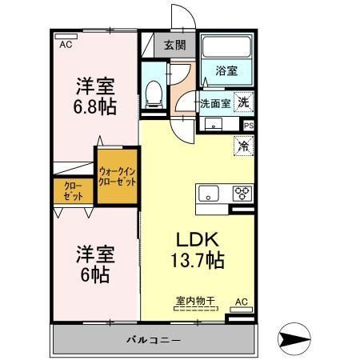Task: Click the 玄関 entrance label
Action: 174,45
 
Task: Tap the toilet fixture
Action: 154,94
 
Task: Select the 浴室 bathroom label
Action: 226,71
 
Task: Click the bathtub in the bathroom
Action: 226,46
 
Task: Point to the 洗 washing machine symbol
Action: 243,102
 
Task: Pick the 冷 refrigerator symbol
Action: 243,146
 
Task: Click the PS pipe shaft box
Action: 249,126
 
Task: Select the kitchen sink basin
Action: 209,194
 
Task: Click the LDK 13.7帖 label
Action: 198,250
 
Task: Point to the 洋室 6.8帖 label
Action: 95,96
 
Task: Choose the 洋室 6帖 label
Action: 95,264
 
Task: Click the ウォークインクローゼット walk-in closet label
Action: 117,176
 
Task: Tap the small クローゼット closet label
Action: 74,191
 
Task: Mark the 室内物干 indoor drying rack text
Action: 195,301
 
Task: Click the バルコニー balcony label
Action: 154,340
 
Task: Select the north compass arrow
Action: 294,339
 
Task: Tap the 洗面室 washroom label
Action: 215,103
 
